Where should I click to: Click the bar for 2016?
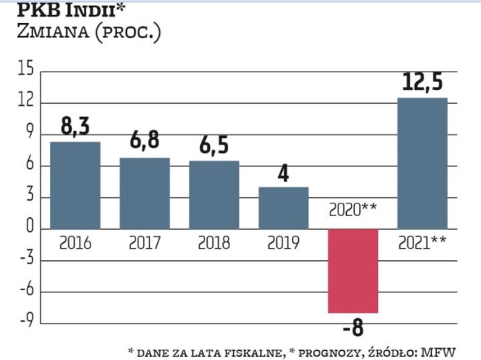coord(75,185)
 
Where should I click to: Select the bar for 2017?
coord(145,193)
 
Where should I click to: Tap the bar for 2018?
coord(214,194)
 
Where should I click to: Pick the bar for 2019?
coord(284,208)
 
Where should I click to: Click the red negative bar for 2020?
coord(353,271)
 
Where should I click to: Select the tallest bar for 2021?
coord(422,163)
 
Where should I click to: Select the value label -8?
coord(353,330)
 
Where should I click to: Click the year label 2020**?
coord(353,211)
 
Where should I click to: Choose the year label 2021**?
coord(422,243)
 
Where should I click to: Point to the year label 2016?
coord(75,243)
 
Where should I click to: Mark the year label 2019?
coord(284,243)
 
